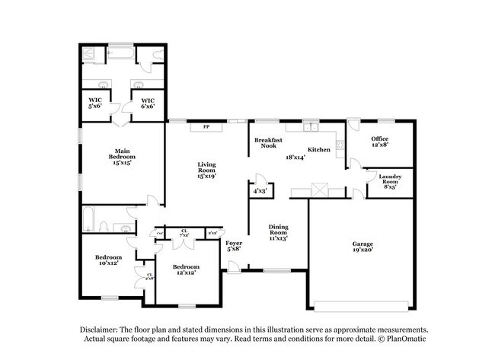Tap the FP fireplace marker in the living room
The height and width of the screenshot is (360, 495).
[206, 126]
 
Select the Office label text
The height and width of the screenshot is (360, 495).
[379, 142]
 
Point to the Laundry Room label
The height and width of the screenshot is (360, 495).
[390, 180]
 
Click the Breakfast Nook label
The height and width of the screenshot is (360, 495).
[270, 142]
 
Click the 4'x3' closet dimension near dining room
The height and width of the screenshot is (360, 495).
[260, 192]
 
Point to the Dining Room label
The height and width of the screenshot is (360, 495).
[277, 232]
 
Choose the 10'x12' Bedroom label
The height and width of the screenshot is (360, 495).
[108, 261]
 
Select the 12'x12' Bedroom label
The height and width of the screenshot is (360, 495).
[186, 270]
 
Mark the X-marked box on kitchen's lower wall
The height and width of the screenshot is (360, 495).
[318, 191]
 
